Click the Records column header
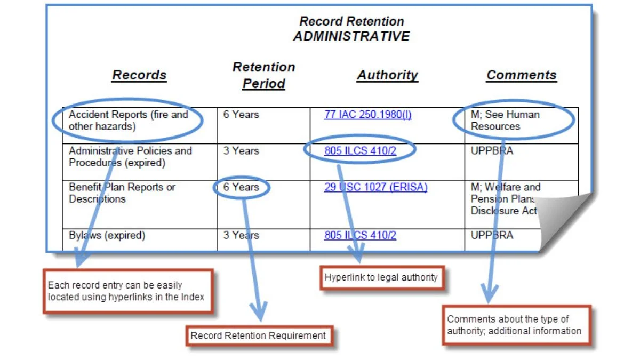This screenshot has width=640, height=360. pos(139,75)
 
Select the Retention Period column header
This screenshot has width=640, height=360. pos(263,75)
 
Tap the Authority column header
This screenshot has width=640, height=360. pos(387,75)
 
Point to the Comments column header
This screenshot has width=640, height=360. pos(521,75)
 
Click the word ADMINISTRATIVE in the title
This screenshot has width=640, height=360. pos(351,36)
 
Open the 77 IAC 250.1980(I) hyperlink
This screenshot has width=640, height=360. pos(367,115)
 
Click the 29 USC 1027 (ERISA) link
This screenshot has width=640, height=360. pos(375,187)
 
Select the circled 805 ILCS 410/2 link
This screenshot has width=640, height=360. pos(360,151)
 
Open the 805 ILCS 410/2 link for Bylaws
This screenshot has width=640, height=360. pos(360,235)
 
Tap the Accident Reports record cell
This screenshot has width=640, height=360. pos(128,121)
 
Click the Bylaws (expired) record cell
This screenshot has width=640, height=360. pos(107,235)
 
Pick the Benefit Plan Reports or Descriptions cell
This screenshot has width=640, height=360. pos(122,193)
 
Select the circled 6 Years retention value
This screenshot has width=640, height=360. pos(241,187)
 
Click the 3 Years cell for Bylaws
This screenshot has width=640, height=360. pos(241,235)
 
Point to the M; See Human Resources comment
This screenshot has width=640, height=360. pos(505,121)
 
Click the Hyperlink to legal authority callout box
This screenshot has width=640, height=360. pos(381,277)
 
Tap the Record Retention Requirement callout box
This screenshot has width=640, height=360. pos(258,336)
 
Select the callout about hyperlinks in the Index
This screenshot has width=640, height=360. pos(126,291)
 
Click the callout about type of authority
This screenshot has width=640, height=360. pos(515,325)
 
